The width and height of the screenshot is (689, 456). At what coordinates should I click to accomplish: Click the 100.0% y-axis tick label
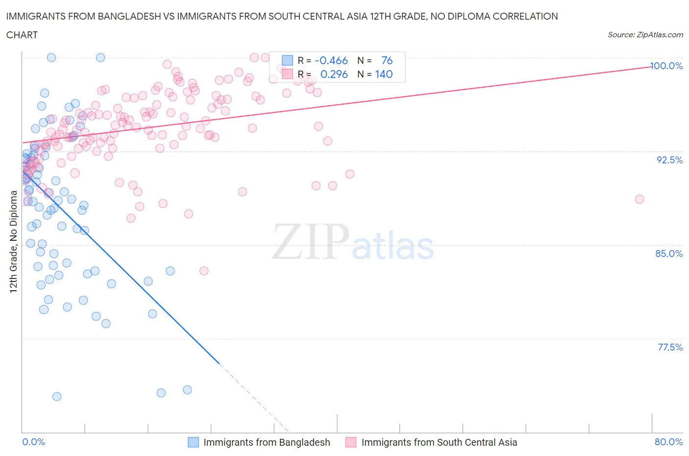(666, 66)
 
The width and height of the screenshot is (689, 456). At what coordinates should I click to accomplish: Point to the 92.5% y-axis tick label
(669, 160)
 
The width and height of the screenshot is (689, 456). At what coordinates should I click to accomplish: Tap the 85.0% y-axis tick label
(669, 253)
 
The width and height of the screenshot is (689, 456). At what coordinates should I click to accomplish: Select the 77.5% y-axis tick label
(670, 347)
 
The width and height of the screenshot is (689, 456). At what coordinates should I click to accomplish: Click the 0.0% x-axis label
(33, 442)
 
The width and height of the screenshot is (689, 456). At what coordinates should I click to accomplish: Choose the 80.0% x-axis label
(668, 442)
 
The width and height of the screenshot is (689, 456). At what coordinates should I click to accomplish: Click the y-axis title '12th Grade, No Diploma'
(14, 241)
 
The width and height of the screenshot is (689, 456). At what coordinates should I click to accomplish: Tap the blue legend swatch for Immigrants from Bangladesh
(194, 442)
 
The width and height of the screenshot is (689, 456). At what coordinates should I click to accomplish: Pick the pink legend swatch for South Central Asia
(351, 442)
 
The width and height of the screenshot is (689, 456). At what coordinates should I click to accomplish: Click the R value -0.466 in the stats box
(331, 60)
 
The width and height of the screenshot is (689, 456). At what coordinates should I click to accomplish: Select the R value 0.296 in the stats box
(334, 74)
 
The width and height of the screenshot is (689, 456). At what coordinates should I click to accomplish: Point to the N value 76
(387, 60)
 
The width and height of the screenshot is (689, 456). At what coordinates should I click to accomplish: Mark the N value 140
(384, 74)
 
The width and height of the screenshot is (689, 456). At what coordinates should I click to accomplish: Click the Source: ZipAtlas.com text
(645, 34)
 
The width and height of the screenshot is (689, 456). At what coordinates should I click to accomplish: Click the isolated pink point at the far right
(639, 199)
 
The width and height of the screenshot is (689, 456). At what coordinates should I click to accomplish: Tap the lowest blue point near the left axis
(57, 396)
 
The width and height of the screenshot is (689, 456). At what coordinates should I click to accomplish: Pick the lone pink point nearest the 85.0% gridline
(204, 271)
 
